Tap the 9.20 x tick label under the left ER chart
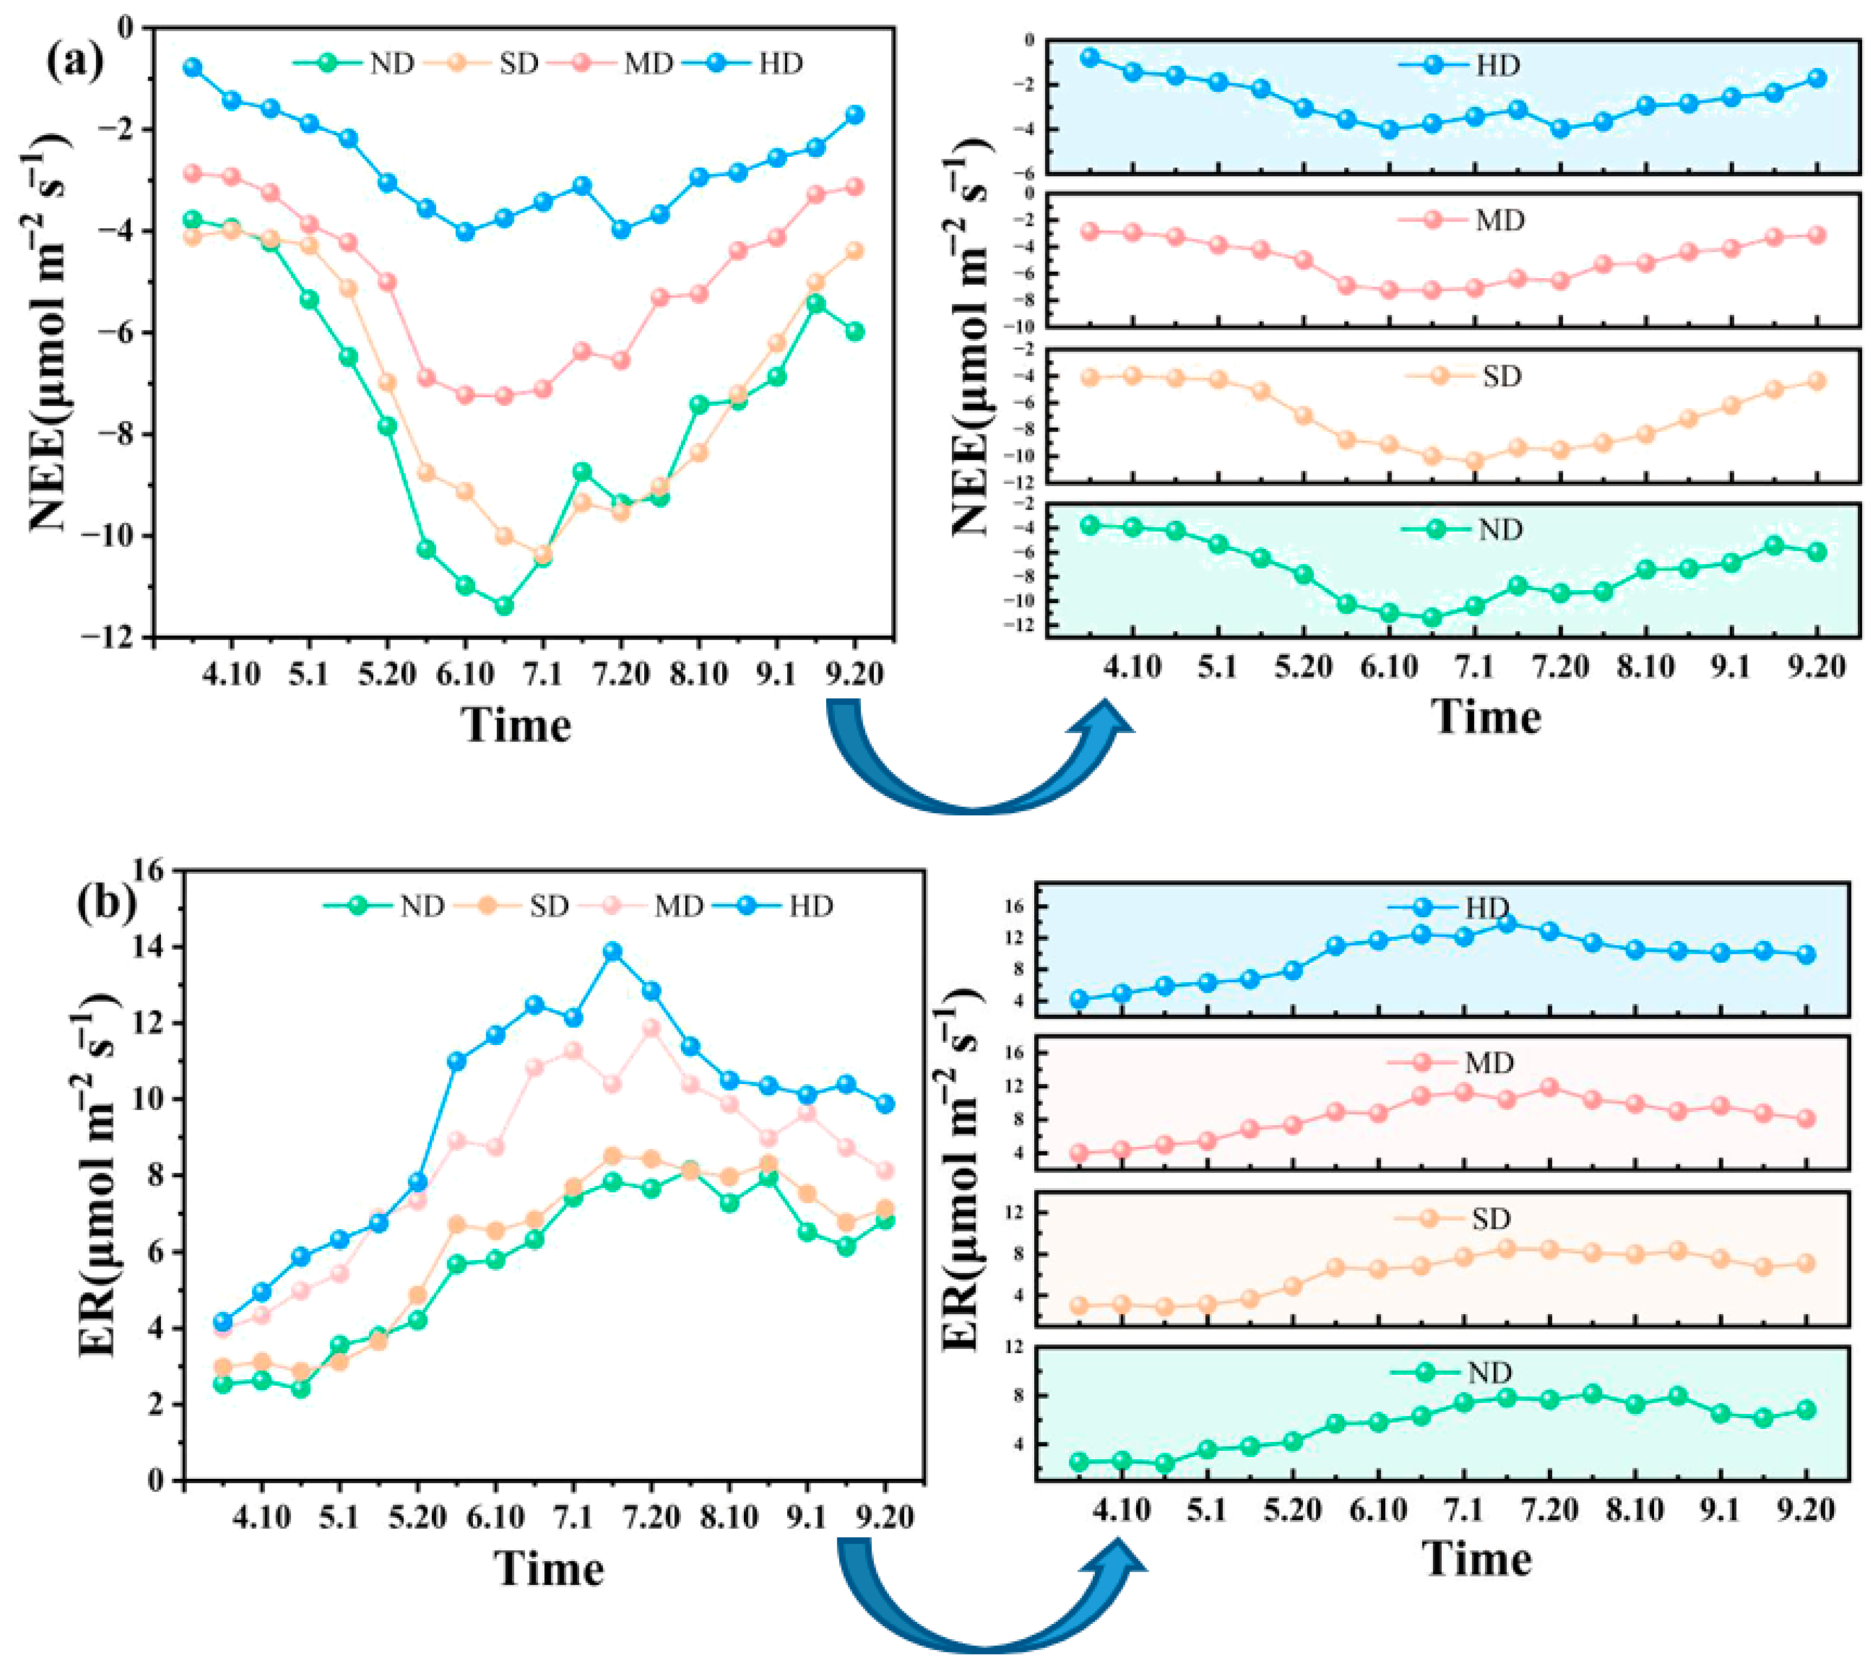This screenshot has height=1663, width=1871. tap(886, 1517)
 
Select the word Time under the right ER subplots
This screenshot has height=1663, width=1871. tap(1477, 1559)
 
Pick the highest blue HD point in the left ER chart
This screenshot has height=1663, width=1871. tap(612, 952)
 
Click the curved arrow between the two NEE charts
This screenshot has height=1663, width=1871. tap(975, 759)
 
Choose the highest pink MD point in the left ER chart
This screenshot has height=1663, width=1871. tap(652, 1028)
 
